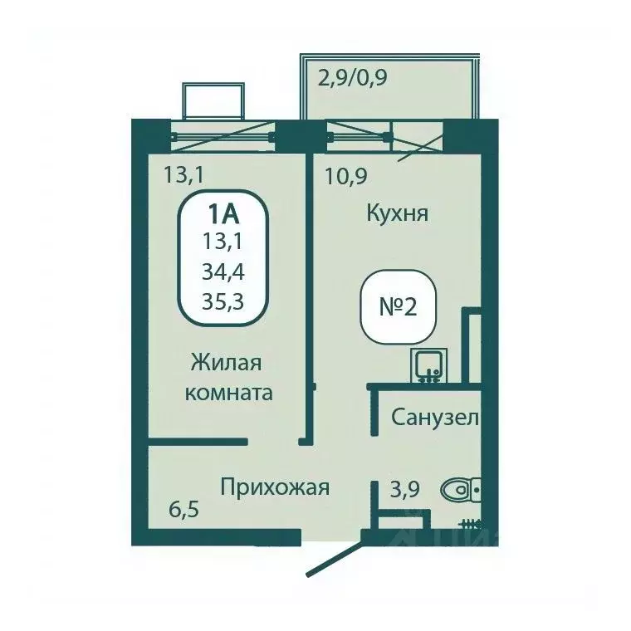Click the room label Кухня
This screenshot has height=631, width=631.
tap(397, 214)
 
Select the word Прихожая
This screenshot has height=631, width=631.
tap(275, 487)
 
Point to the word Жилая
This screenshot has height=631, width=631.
tap(226, 363)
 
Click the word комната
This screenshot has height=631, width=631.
tap(228, 393)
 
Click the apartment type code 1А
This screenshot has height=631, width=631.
tap(223, 213)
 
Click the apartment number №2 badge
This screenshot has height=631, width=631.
tap(397, 306)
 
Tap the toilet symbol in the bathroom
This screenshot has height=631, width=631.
tap(459, 490)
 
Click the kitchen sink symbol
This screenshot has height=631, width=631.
tap(429, 365)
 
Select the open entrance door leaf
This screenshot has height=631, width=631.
tap(335, 555)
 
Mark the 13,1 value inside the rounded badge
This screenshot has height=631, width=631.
tap(223, 242)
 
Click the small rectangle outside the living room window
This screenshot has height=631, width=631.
tap(213, 101)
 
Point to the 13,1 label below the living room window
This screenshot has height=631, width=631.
tap(183, 175)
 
